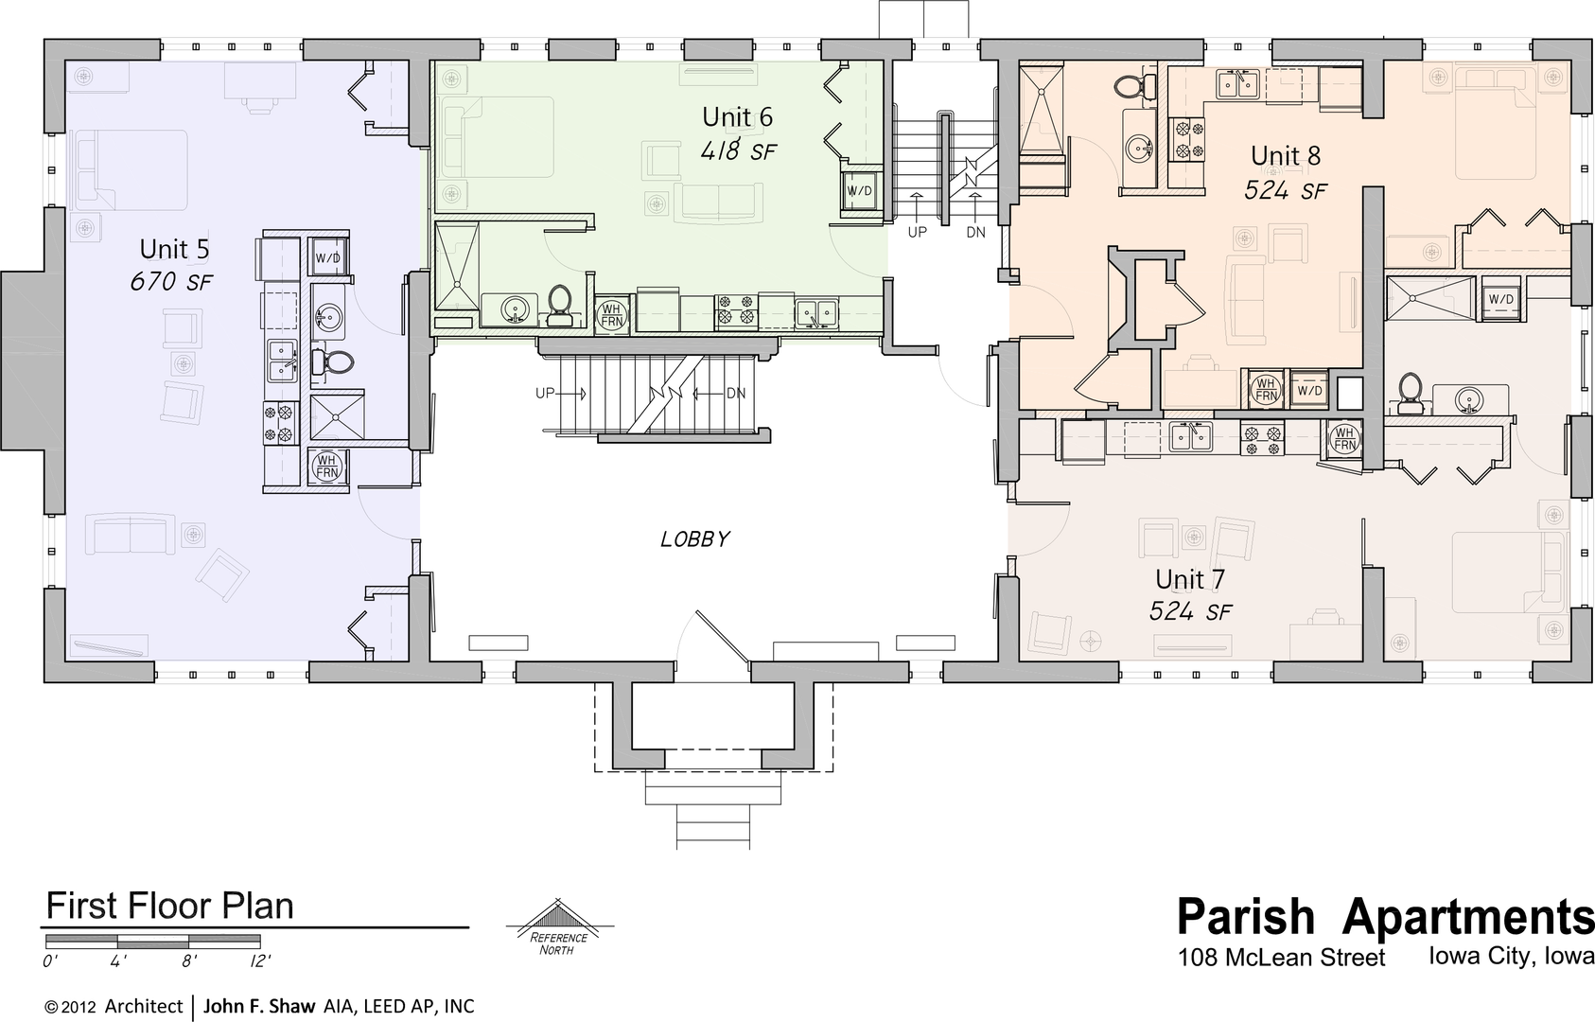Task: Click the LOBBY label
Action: pyautogui.click(x=695, y=539)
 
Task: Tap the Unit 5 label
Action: pyautogui.click(x=174, y=249)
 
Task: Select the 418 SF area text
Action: pyautogui.click(x=738, y=151)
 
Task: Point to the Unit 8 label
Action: pyautogui.click(x=1286, y=155)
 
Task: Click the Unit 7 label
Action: pyautogui.click(x=1190, y=579)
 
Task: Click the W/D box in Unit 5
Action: pyautogui.click(x=327, y=257)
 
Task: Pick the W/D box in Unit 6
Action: pyautogui.click(x=859, y=191)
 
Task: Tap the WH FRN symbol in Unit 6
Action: pyautogui.click(x=612, y=315)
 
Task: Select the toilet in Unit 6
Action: pyautogui.click(x=560, y=306)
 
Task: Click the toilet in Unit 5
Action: pyautogui.click(x=333, y=362)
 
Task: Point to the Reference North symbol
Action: pyautogui.click(x=559, y=925)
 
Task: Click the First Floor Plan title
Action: pyautogui.click(x=169, y=906)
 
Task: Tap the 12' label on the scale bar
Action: pyautogui.click(x=260, y=961)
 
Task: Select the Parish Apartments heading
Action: pyautogui.click(x=1385, y=916)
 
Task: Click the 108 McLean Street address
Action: pyautogui.click(x=1282, y=958)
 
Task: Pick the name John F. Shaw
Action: pyautogui.click(x=259, y=1006)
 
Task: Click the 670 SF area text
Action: pyautogui.click(x=171, y=282)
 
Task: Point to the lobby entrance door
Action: pyautogui.click(x=722, y=636)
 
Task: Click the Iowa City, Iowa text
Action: pyautogui.click(x=1510, y=955)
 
